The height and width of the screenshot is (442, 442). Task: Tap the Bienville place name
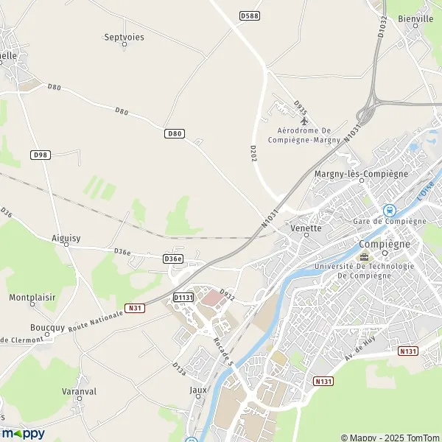(415, 19)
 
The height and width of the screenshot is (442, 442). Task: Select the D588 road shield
(250, 15)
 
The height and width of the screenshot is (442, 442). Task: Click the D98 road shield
(40, 155)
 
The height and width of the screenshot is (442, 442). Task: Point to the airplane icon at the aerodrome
(304, 121)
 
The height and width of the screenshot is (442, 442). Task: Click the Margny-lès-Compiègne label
(361, 174)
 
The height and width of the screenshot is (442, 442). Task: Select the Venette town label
(306, 228)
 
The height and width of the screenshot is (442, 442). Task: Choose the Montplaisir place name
(32, 298)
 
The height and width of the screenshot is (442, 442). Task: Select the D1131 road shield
(183, 297)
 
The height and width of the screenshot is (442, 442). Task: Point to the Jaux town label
(198, 390)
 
